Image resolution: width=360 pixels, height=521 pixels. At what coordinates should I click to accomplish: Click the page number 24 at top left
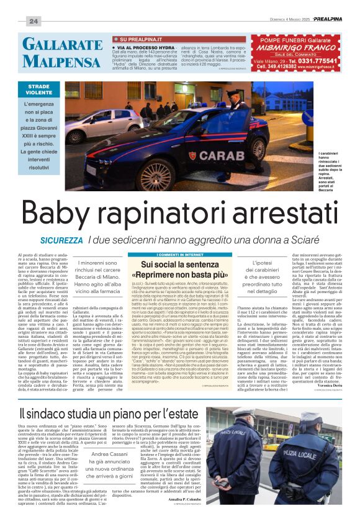(x=33, y=21)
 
